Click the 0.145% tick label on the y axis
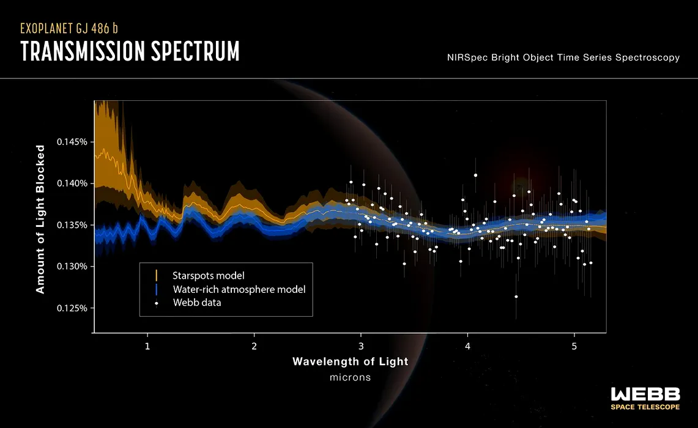point(72,142)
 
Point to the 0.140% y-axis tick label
point(72,183)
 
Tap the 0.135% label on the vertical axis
point(72,225)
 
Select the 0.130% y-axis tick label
point(72,267)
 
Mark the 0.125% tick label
point(72,308)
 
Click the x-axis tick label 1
point(147,346)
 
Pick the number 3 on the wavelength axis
point(361,346)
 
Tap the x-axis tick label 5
point(574,346)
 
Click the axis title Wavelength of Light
point(351,362)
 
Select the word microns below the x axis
point(351,377)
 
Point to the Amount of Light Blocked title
point(40,219)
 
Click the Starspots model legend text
point(209,276)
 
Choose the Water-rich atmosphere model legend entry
point(239,289)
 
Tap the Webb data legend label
point(197,303)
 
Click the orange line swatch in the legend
point(156,275)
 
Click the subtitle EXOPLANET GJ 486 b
point(69,29)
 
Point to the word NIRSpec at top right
point(467,58)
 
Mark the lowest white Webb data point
point(516,297)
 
